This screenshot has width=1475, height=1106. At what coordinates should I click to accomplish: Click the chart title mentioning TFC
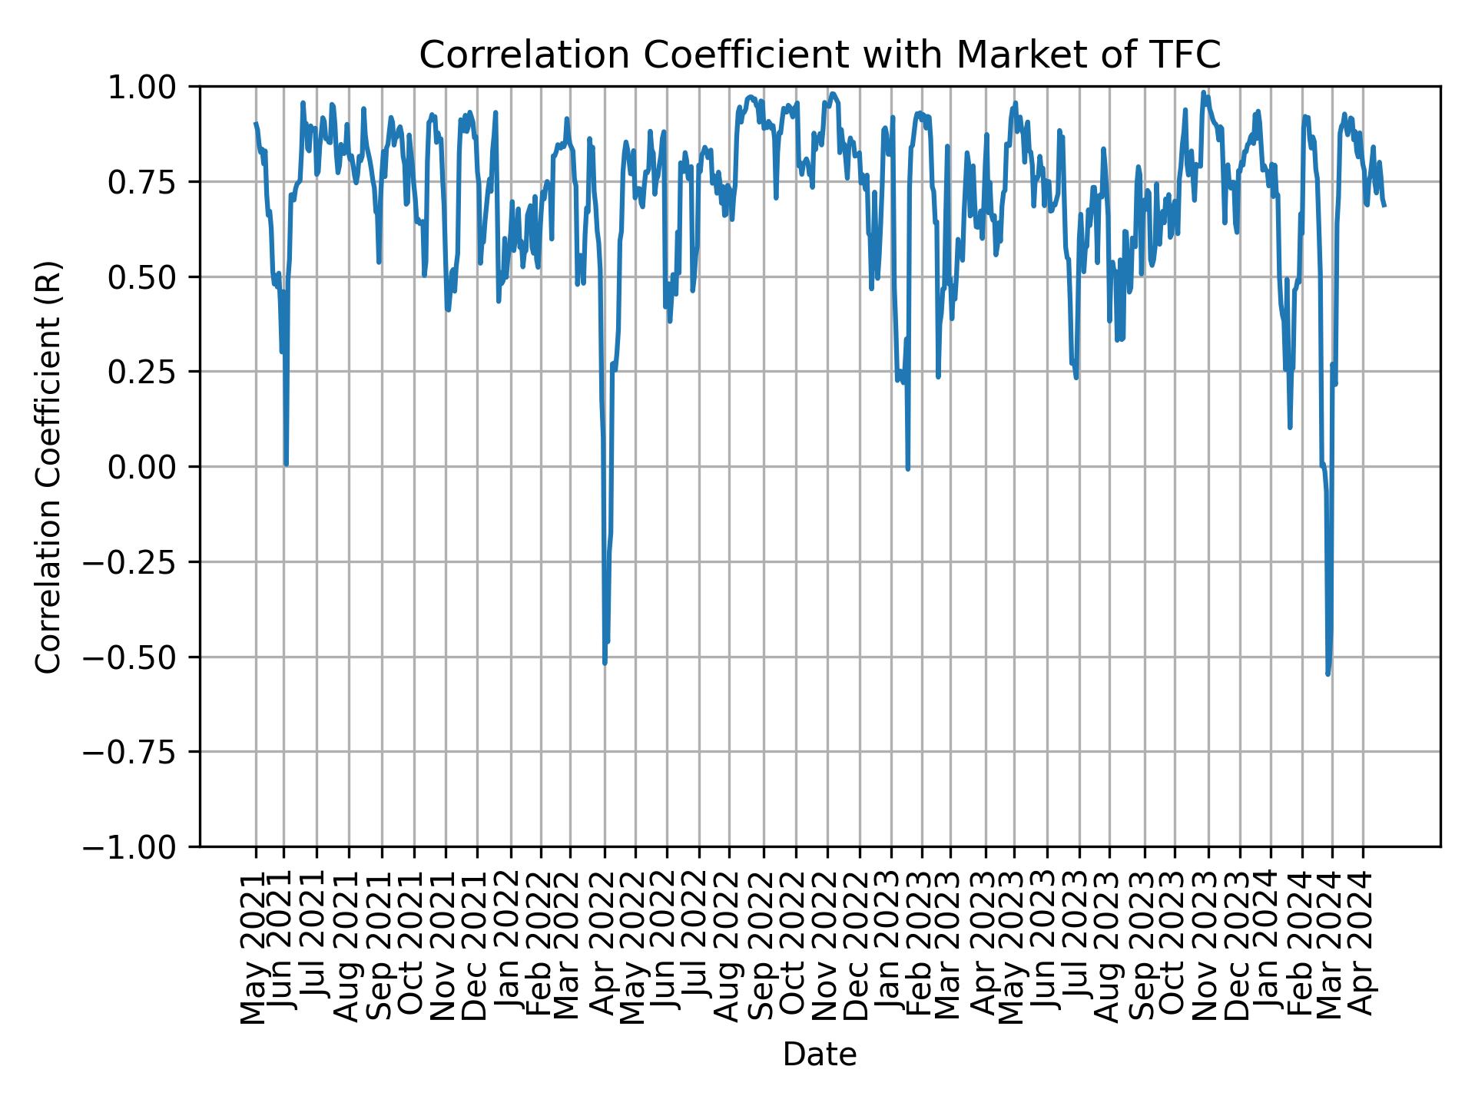point(820,55)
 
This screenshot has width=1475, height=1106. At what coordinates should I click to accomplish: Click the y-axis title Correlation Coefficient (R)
point(48,466)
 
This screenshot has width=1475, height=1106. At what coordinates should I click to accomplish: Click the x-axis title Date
point(820,1055)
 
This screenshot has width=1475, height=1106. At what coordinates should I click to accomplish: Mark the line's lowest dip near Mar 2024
point(1328,674)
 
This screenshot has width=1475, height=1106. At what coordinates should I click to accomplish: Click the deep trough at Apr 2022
point(605,662)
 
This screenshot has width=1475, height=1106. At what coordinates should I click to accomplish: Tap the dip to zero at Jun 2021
point(286,464)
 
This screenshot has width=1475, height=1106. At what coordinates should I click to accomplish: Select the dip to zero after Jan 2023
point(908,469)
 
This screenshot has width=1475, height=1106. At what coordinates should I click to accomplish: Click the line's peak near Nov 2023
point(1203,93)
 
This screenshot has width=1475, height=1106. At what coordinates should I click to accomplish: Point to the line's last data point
point(1384,205)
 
